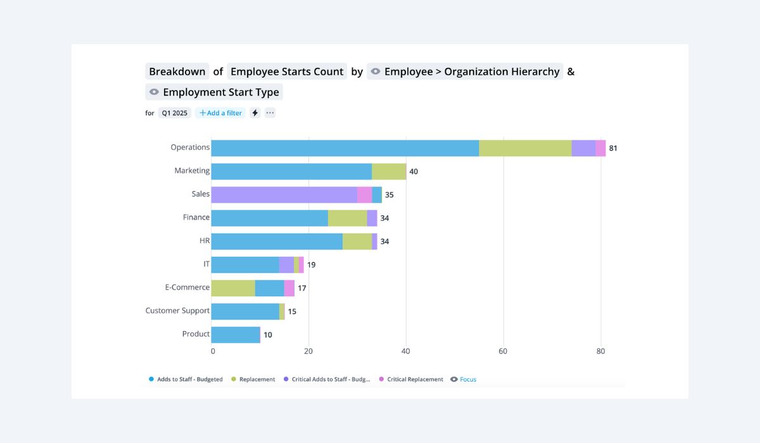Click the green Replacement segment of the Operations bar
[525, 148]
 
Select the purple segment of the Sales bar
[284, 195]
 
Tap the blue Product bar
[235, 335]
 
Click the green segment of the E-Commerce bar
[232, 288]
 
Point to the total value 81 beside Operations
[613, 149]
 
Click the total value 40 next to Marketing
[414, 172]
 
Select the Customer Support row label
[177, 311]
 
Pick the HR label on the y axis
[205, 240]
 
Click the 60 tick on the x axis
[503, 351]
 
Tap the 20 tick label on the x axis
[308, 351]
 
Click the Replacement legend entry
[256, 380]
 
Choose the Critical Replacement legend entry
[415, 380]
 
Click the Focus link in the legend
[467, 380]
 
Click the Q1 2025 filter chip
[174, 113]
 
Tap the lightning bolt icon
[255, 113]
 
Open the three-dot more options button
[270, 113]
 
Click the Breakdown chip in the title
[177, 72]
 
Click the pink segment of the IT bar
[301, 265]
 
